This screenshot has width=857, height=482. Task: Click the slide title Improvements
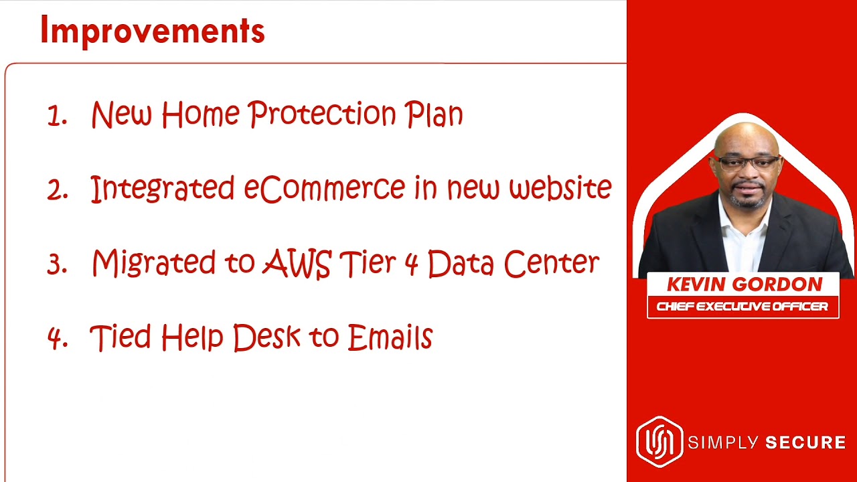coord(152,31)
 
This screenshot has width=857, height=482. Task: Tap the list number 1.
coord(58,116)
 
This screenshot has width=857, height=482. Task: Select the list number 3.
coord(58,264)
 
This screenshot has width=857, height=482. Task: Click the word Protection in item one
coord(322,114)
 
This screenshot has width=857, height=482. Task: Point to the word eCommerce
coord(325,188)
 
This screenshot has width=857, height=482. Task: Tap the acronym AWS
coord(297,263)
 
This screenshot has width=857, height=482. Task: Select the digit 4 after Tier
coord(411,264)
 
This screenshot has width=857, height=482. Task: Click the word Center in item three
coord(552,263)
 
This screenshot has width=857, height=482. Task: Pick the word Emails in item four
coord(390,337)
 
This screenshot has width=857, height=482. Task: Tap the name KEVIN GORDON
coord(744,285)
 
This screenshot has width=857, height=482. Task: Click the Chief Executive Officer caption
coord(743,307)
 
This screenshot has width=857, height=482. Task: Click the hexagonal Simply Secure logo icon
coord(659,442)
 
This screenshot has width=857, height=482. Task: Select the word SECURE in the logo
coord(805,443)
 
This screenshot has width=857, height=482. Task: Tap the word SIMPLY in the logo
coord(722,443)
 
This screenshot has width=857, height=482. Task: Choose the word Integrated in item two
coord(162,188)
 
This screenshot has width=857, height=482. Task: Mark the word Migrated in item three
coord(154,263)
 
